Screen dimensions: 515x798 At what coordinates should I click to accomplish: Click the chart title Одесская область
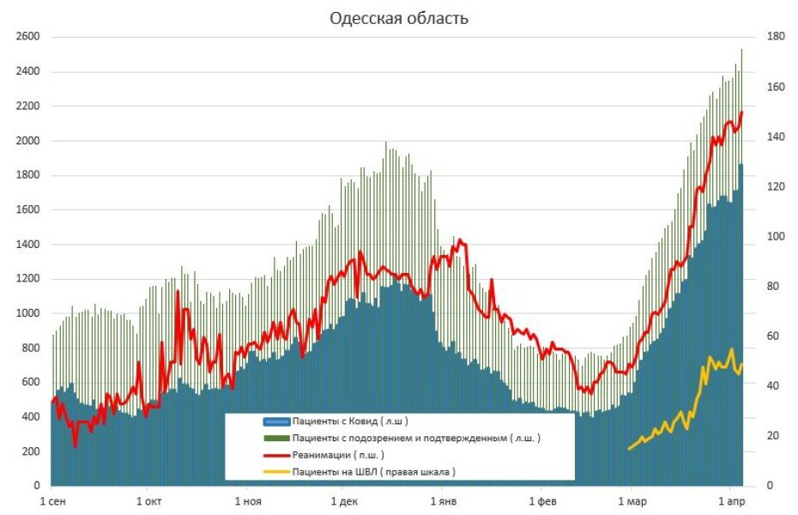coord(399,18)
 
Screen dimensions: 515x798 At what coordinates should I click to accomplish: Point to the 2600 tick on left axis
coord(27,37)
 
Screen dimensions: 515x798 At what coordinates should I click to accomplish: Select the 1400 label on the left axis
coord(27,245)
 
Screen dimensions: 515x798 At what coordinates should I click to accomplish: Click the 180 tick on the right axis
coord(766,37)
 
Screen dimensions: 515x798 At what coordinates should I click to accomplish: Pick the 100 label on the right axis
coord(766,236)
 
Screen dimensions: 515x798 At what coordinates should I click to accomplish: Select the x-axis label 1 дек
coord(343,500)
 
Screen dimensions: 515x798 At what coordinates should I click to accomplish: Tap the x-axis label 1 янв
coord(443,500)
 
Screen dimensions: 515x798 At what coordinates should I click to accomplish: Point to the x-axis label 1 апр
coord(729,500)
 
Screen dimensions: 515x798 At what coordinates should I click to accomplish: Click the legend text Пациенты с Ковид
coord(349,421)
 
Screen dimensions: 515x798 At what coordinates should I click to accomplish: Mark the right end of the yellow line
coord(742,365)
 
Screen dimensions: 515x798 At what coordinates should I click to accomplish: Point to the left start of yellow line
coord(629,448)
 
